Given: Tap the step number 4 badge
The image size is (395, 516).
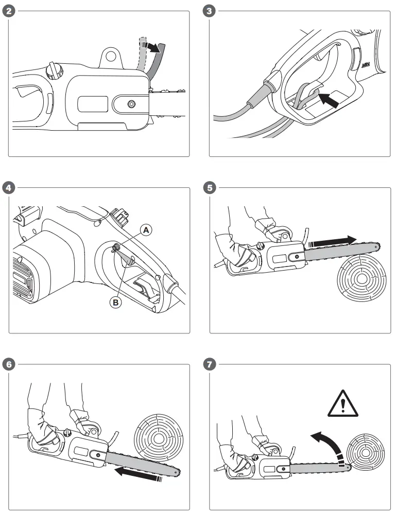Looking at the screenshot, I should coord(8,187).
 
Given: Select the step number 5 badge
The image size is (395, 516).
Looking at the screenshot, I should coord(209,187).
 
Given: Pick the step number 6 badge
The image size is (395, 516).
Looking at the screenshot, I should coord(8,364).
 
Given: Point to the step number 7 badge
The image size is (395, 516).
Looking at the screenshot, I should coord(209,364).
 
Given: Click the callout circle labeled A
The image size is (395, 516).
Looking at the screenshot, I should coord(147,230).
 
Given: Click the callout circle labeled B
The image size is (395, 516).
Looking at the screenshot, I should coord(116,303).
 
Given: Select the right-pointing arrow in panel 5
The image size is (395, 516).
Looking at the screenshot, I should coord(335,240).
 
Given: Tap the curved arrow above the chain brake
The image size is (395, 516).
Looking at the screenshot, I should coord(152,47).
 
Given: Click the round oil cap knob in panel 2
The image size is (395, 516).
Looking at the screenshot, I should coord(54,70).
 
